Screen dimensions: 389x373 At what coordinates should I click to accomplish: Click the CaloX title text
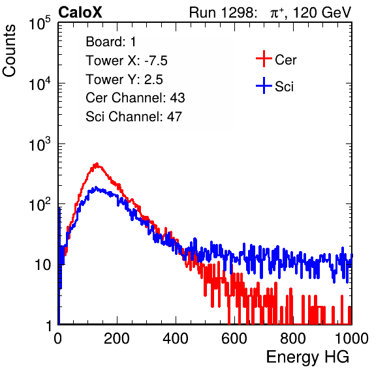[x=80, y=12]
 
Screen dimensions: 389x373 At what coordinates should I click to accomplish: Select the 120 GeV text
[x=322, y=12]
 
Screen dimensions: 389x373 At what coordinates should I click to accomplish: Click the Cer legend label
[x=285, y=60]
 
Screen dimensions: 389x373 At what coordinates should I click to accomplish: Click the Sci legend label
[x=284, y=87]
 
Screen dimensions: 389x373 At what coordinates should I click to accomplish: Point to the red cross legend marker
[x=264, y=59]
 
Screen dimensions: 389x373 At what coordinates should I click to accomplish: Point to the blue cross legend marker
[x=264, y=85]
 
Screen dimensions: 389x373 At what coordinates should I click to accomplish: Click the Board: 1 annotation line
[x=111, y=42]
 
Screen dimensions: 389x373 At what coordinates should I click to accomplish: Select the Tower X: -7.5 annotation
[x=127, y=61]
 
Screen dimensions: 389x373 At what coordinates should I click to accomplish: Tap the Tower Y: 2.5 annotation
[x=124, y=80]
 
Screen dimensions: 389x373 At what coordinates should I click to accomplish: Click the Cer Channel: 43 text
[x=135, y=98]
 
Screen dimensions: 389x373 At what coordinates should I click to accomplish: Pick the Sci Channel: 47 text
[x=134, y=117]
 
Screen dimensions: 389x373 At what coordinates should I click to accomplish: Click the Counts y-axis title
[x=9, y=51]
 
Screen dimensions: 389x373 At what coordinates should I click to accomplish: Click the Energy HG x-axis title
[x=307, y=357]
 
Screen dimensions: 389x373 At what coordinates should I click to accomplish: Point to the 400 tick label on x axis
[x=176, y=338]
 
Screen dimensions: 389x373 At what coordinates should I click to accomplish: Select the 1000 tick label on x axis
[x=352, y=338]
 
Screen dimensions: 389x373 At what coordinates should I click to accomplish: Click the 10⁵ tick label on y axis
[x=40, y=23]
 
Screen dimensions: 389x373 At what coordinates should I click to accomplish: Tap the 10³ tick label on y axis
[x=40, y=144]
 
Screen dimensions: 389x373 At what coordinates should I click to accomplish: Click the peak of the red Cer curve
[x=97, y=164]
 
